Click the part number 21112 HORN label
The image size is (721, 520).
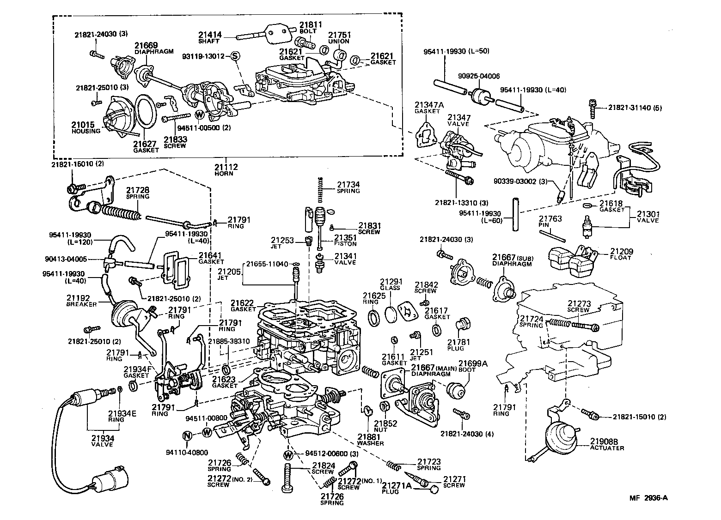(226, 169)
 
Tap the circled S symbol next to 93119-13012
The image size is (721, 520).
(234, 56)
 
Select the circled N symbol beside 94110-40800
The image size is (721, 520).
(187, 435)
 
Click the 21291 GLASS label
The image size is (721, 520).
(391, 284)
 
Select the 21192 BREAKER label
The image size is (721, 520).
(81, 301)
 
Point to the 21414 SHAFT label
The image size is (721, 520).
(210, 37)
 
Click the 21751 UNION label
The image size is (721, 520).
(339, 37)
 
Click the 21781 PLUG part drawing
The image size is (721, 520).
(463, 326)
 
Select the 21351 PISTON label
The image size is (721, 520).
(346, 241)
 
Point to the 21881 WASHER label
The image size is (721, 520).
(370, 440)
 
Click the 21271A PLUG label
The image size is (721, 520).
(397, 488)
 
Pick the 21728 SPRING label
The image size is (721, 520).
(138, 193)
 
